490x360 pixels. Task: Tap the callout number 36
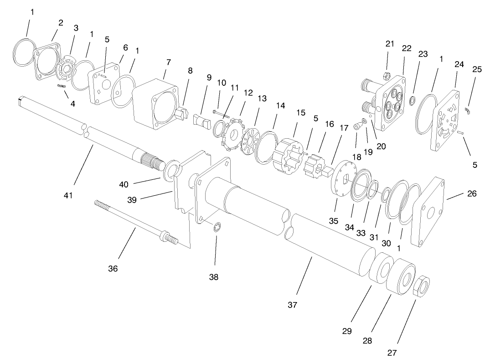click(x=113, y=269)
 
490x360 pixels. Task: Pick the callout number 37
click(x=292, y=305)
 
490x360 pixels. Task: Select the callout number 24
click(x=459, y=64)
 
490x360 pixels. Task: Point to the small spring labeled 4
click(x=62, y=86)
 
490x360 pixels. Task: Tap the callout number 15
click(x=301, y=112)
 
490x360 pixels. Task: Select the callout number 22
click(x=407, y=48)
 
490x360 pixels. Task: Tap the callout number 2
click(x=61, y=22)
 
